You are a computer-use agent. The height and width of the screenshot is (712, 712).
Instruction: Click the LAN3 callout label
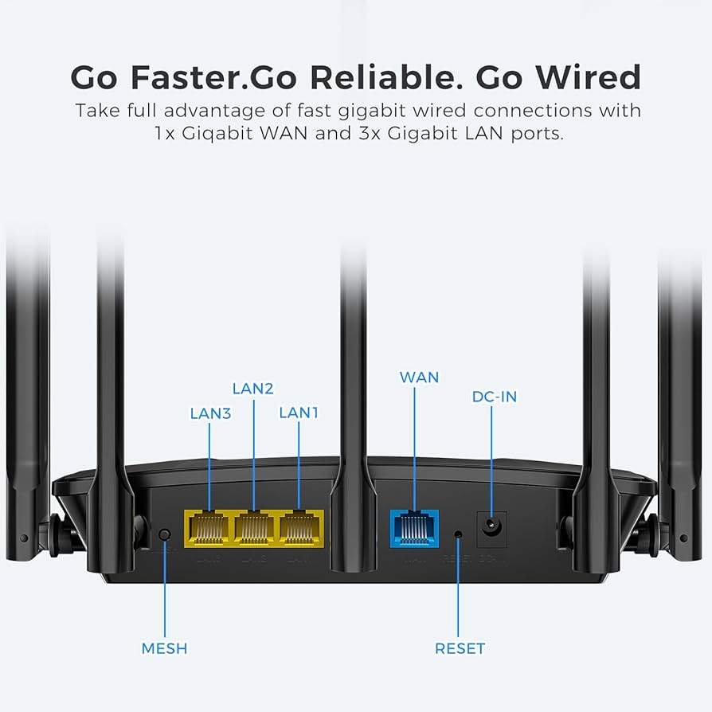click(210, 413)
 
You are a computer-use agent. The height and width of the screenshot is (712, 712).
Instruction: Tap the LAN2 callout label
click(253, 389)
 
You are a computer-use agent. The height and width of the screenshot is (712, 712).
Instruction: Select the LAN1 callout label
click(299, 413)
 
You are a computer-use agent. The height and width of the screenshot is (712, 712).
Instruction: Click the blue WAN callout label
click(419, 377)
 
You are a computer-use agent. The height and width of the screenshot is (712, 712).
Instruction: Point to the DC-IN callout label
click(494, 396)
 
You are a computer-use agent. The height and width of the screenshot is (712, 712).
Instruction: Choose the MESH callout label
click(164, 648)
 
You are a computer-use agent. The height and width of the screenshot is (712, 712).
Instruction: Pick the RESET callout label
click(460, 648)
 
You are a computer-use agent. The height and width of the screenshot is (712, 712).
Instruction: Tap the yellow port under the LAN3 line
click(209, 526)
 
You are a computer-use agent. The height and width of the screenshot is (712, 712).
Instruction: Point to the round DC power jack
click(491, 526)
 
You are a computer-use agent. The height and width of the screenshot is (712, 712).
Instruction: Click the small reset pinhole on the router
click(458, 534)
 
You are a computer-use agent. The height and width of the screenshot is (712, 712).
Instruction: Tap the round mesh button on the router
click(165, 534)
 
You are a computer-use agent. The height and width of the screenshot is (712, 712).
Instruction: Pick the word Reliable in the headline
click(402, 77)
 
